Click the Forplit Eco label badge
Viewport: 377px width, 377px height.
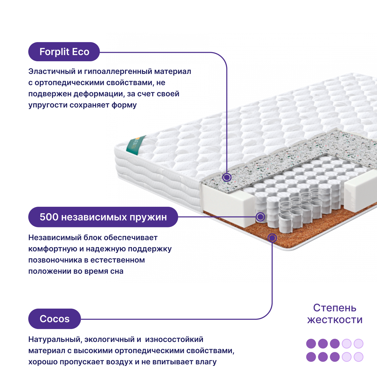pos(64,52)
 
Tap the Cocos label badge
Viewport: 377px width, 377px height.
pos(54,319)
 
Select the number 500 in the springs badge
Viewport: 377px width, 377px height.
pos(49,217)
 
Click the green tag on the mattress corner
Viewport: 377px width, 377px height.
pos(136,145)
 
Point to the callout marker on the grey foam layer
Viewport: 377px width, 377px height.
pos(227,177)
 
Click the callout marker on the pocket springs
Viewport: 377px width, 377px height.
pos(260,217)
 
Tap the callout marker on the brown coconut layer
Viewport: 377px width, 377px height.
pos(272,238)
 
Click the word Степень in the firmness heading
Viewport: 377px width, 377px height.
pos(335,308)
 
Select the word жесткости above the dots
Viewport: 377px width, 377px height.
pos(335,320)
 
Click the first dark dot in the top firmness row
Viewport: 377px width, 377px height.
pos(311,344)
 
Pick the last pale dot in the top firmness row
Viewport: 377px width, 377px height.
pos(358,344)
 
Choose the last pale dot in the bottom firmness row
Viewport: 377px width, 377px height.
pos(358,357)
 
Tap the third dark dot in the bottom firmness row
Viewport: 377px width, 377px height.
pos(335,357)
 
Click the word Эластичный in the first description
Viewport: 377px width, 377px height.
pos(52,72)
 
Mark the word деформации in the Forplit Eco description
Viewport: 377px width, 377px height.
pos(99,94)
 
